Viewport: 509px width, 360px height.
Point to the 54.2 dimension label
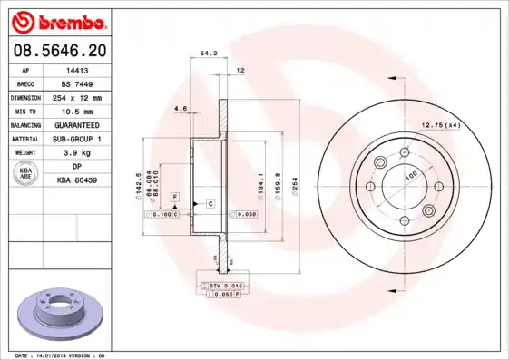(208, 54)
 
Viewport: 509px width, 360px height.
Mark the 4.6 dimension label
(181, 109)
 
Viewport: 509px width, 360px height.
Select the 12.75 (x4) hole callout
(439, 124)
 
